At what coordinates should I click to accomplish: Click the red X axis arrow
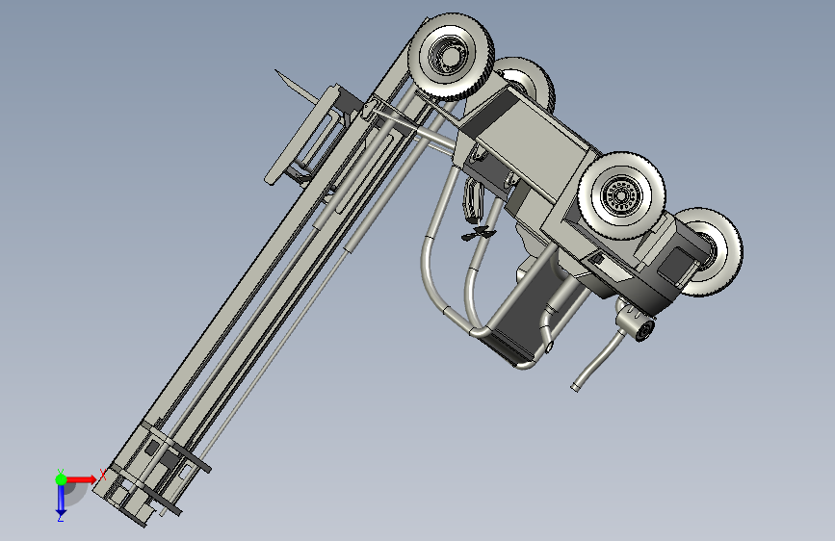coord(80,479)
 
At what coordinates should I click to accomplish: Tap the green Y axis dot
coord(61,479)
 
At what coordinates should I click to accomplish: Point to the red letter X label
coord(102,475)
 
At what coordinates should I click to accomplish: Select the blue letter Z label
coord(61,518)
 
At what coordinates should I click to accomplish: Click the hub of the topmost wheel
coord(450,56)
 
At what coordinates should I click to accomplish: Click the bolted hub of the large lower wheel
coord(620,195)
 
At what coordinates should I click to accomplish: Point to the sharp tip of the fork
coord(275,69)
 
